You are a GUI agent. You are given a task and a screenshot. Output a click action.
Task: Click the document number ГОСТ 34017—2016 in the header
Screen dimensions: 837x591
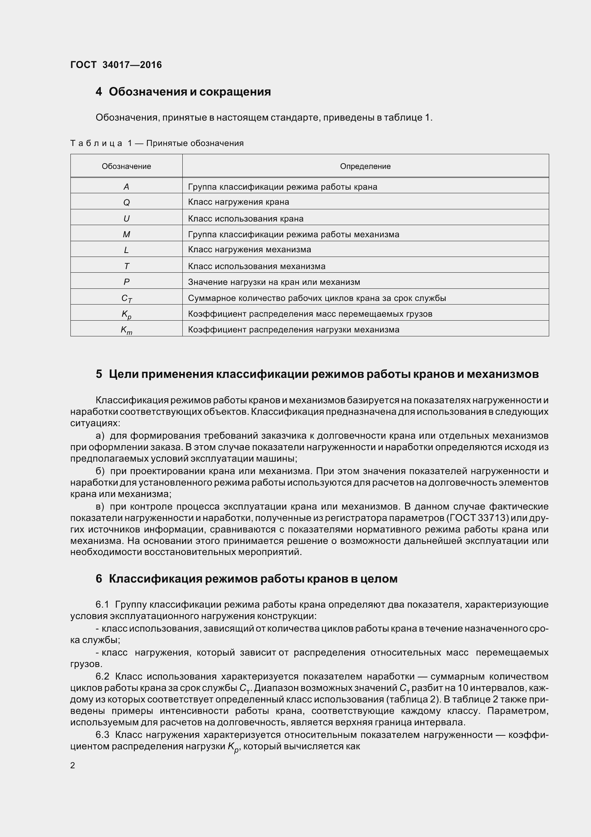(116, 65)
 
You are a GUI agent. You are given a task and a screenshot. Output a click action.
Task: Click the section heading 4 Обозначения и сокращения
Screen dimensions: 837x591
(183, 92)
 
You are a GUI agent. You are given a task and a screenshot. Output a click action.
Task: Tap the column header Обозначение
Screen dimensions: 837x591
(126, 166)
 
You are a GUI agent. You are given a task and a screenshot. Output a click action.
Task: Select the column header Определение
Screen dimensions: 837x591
(365, 166)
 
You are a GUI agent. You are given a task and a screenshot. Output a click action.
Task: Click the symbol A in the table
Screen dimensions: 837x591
(126, 187)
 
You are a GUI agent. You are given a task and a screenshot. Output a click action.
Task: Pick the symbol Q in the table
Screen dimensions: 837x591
(126, 202)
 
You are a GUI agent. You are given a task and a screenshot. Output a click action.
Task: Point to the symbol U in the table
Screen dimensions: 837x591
(126, 218)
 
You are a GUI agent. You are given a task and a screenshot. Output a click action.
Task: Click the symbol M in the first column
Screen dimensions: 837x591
(126, 234)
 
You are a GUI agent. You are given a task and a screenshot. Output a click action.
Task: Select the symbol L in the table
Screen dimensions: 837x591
(126, 250)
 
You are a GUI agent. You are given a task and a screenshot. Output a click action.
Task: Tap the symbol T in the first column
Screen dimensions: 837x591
(126, 266)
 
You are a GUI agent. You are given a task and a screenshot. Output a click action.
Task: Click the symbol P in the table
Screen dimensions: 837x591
(126, 282)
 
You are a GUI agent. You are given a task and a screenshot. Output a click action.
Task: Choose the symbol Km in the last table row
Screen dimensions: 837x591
(126, 330)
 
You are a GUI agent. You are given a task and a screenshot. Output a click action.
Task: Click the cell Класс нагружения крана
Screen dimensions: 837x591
(238, 202)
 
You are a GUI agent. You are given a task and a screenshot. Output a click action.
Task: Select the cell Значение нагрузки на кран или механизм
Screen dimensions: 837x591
(274, 282)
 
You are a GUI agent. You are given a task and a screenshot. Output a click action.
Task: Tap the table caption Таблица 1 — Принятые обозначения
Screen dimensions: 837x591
(157, 143)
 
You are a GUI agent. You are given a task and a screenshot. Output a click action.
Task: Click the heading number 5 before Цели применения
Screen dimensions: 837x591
(99, 374)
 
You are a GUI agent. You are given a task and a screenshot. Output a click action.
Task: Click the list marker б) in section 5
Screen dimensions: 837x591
(100, 471)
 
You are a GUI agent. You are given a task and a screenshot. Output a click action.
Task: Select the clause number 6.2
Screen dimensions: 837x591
(102, 676)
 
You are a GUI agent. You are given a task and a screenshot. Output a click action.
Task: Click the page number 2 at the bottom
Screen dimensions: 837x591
(73, 765)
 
